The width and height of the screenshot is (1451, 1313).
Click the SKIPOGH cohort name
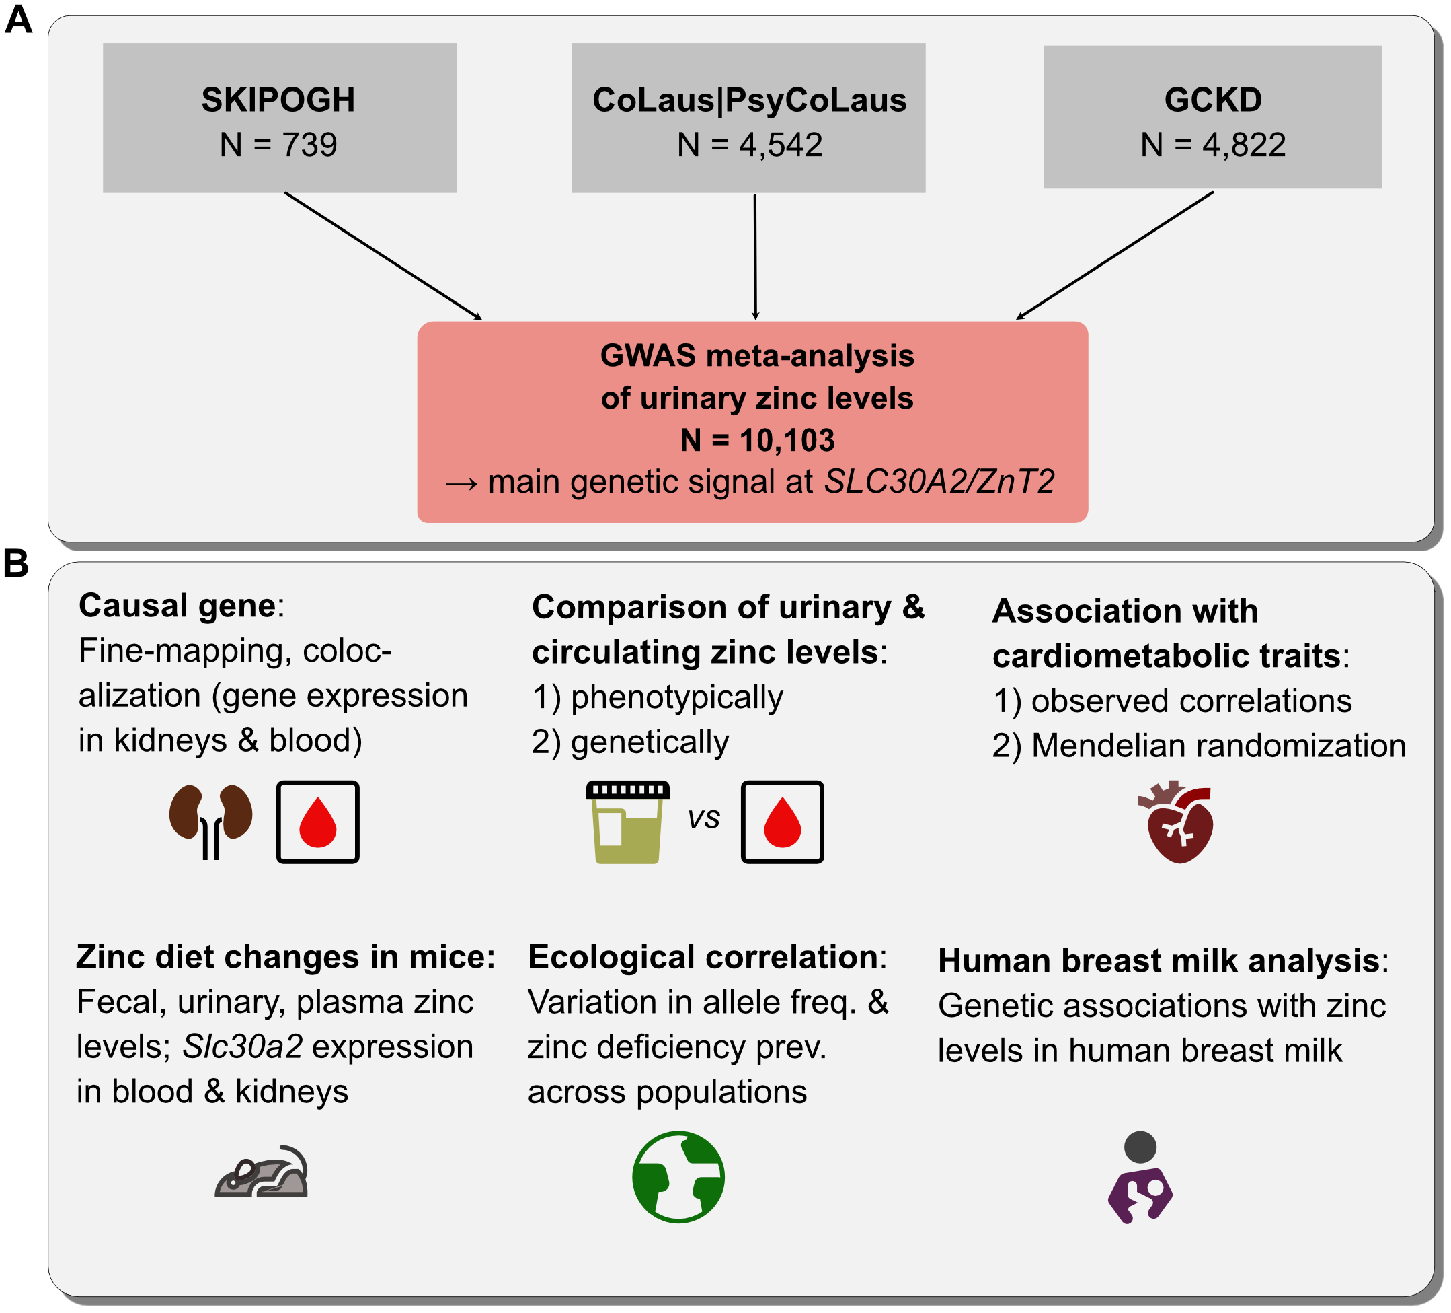coord(278,100)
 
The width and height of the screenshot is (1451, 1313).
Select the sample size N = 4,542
coord(749,145)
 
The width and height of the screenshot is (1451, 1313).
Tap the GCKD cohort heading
coord(1212,100)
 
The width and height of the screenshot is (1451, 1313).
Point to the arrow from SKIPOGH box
coord(383,256)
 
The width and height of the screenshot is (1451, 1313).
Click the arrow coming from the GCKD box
coord(1114,256)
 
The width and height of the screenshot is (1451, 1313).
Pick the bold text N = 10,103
coord(757,440)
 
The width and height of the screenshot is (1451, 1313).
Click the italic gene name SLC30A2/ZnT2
coord(939,482)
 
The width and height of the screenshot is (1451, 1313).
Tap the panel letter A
coord(18,20)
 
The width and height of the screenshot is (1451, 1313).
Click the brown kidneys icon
coord(211,820)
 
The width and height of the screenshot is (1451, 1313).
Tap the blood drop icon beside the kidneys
coord(317,822)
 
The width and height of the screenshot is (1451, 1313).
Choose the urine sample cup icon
coord(627,822)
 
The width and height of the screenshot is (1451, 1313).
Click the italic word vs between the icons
coord(703,818)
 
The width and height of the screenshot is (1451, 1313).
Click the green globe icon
coord(678,1177)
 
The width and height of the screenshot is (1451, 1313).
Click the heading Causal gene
coord(177,606)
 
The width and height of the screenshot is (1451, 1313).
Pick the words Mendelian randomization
coord(1218,746)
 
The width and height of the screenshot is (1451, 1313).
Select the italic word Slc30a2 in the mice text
coord(242,1047)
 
